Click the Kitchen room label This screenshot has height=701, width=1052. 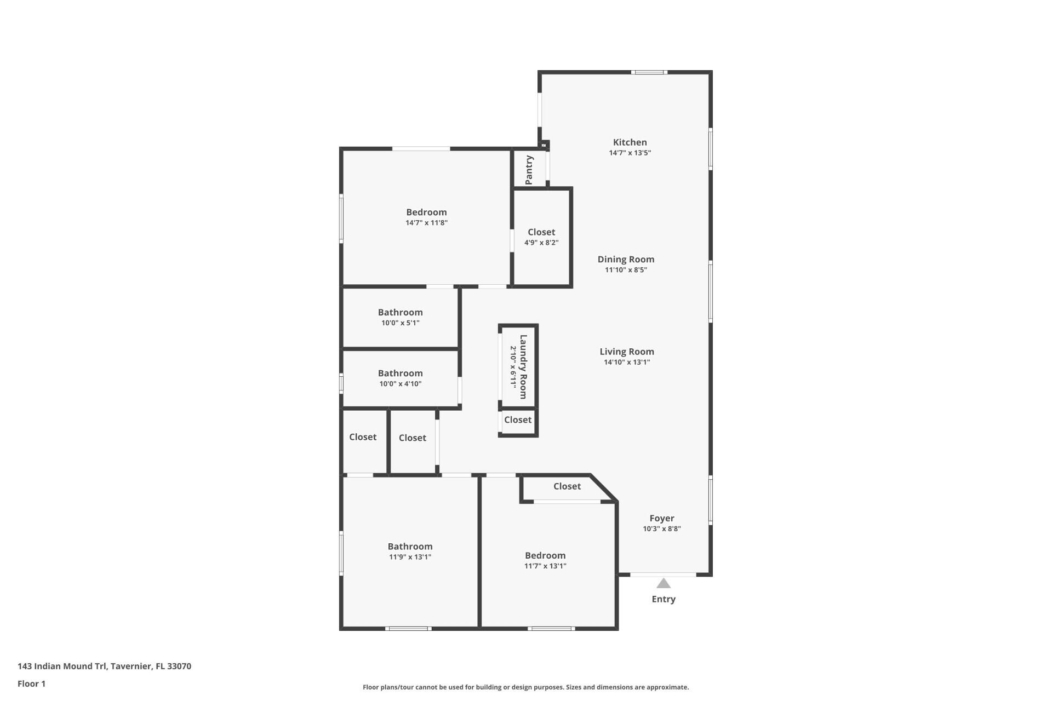[x=630, y=142]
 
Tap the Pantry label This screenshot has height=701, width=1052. [x=529, y=170]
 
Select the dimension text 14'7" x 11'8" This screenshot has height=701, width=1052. [x=426, y=223]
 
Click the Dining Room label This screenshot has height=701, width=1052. [x=626, y=260]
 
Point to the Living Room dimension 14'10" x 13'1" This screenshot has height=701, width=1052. [x=626, y=362]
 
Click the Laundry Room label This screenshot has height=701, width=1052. [x=523, y=366]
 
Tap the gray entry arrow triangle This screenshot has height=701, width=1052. [x=664, y=584]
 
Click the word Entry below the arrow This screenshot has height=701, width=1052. [x=664, y=599]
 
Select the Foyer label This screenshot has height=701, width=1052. [x=661, y=518]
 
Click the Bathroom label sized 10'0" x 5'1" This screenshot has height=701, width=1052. [x=400, y=312]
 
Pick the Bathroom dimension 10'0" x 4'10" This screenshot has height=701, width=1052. [x=400, y=384]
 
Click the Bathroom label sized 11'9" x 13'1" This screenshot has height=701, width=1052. [x=410, y=547]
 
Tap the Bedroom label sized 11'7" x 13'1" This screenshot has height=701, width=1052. [x=545, y=555]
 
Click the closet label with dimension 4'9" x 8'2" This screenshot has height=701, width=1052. [x=541, y=232]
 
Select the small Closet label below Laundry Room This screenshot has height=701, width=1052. [x=518, y=420]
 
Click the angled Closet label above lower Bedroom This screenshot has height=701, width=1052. [x=567, y=486]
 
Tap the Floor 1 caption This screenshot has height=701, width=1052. [x=31, y=683]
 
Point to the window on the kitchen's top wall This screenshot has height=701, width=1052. [x=648, y=72]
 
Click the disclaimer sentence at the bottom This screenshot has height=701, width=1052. [x=525, y=687]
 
